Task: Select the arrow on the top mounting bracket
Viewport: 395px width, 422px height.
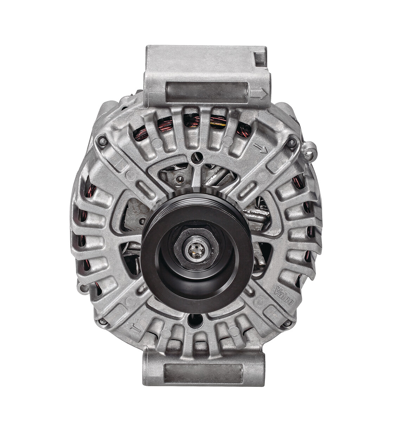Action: (261, 94)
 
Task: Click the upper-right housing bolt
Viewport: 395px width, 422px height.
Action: (291, 143)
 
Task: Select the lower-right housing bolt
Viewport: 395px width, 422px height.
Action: (288, 322)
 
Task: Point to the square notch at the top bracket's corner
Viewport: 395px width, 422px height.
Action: (260, 58)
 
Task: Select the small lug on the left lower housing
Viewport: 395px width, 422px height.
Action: (83, 288)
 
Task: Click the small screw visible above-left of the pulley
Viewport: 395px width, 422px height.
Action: (180, 179)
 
